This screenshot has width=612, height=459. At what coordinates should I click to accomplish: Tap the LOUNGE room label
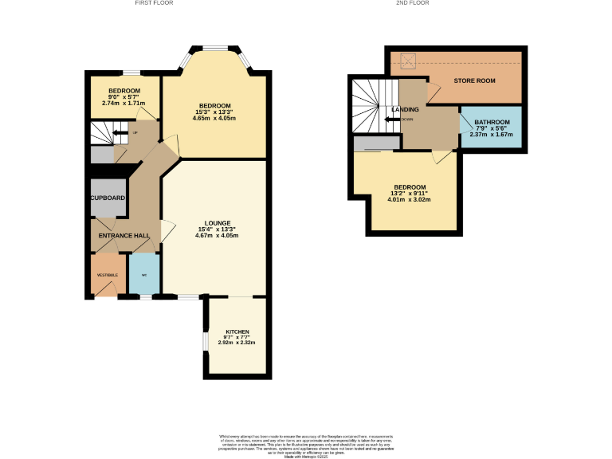click(x=218, y=223)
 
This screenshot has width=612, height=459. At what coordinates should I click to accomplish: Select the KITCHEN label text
click(x=237, y=331)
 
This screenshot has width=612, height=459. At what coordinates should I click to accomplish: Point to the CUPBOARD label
click(x=108, y=198)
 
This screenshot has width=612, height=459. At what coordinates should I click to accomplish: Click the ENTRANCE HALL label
click(x=124, y=236)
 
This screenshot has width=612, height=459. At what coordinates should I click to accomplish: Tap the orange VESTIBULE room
click(x=108, y=275)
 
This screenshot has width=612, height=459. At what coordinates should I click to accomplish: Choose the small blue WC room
click(x=144, y=275)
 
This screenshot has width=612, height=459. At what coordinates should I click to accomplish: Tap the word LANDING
click(x=405, y=109)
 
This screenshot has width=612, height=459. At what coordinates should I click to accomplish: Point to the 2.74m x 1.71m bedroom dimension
click(x=124, y=104)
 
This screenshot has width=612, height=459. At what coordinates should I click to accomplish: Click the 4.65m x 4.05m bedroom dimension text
click(x=215, y=119)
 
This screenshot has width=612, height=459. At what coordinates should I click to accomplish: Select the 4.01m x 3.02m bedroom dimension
click(x=410, y=200)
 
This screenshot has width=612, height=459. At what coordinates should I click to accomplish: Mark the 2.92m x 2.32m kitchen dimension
click(x=237, y=343)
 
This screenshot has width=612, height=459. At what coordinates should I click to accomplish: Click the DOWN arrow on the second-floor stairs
click(x=391, y=120)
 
